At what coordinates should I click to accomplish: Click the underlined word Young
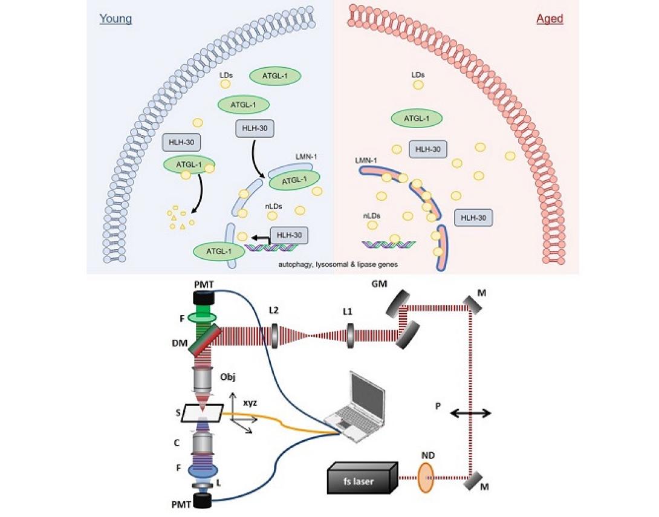click(115, 19)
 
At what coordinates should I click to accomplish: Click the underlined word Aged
click(550, 19)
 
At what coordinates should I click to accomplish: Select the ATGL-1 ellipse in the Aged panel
click(416, 119)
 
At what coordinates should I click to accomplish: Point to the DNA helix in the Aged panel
click(391, 245)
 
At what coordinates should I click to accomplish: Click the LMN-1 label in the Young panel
click(307, 157)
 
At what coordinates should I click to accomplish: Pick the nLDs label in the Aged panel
click(372, 215)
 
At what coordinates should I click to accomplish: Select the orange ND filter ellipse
click(426, 477)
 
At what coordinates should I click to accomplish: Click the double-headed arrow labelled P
click(469, 413)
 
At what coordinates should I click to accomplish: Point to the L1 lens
click(349, 335)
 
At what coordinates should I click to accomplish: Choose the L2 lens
click(275, 335)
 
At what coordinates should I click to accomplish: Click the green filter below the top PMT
click(206, 317)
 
